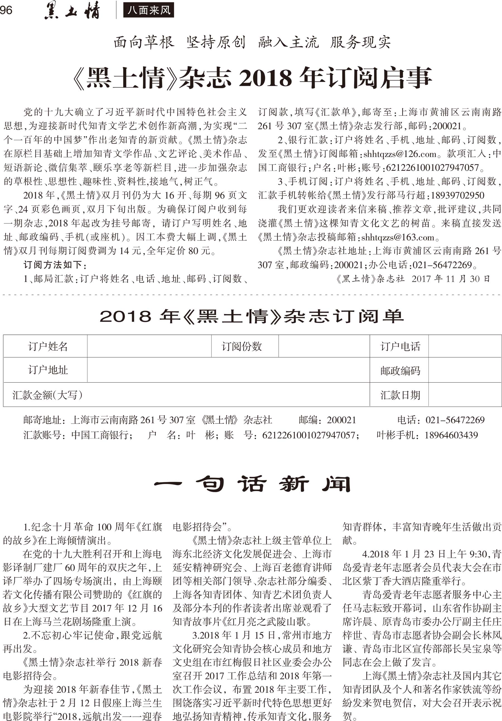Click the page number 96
click(6, 10)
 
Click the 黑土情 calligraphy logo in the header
click(72, 10)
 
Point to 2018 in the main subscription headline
click(265, 78)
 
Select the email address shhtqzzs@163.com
click(397, 237)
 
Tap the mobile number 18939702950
click(457, 195)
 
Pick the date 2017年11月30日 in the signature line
click(450, 279)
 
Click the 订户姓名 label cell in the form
click(48, 346)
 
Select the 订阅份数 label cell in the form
click(242, 346)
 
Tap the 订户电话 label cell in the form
click(400, 346)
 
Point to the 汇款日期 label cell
click(400, 395)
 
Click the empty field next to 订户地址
click(228, 370)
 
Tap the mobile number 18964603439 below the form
click(451, 435)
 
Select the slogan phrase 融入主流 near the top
click(288, 42)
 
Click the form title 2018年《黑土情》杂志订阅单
click(252, 317)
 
